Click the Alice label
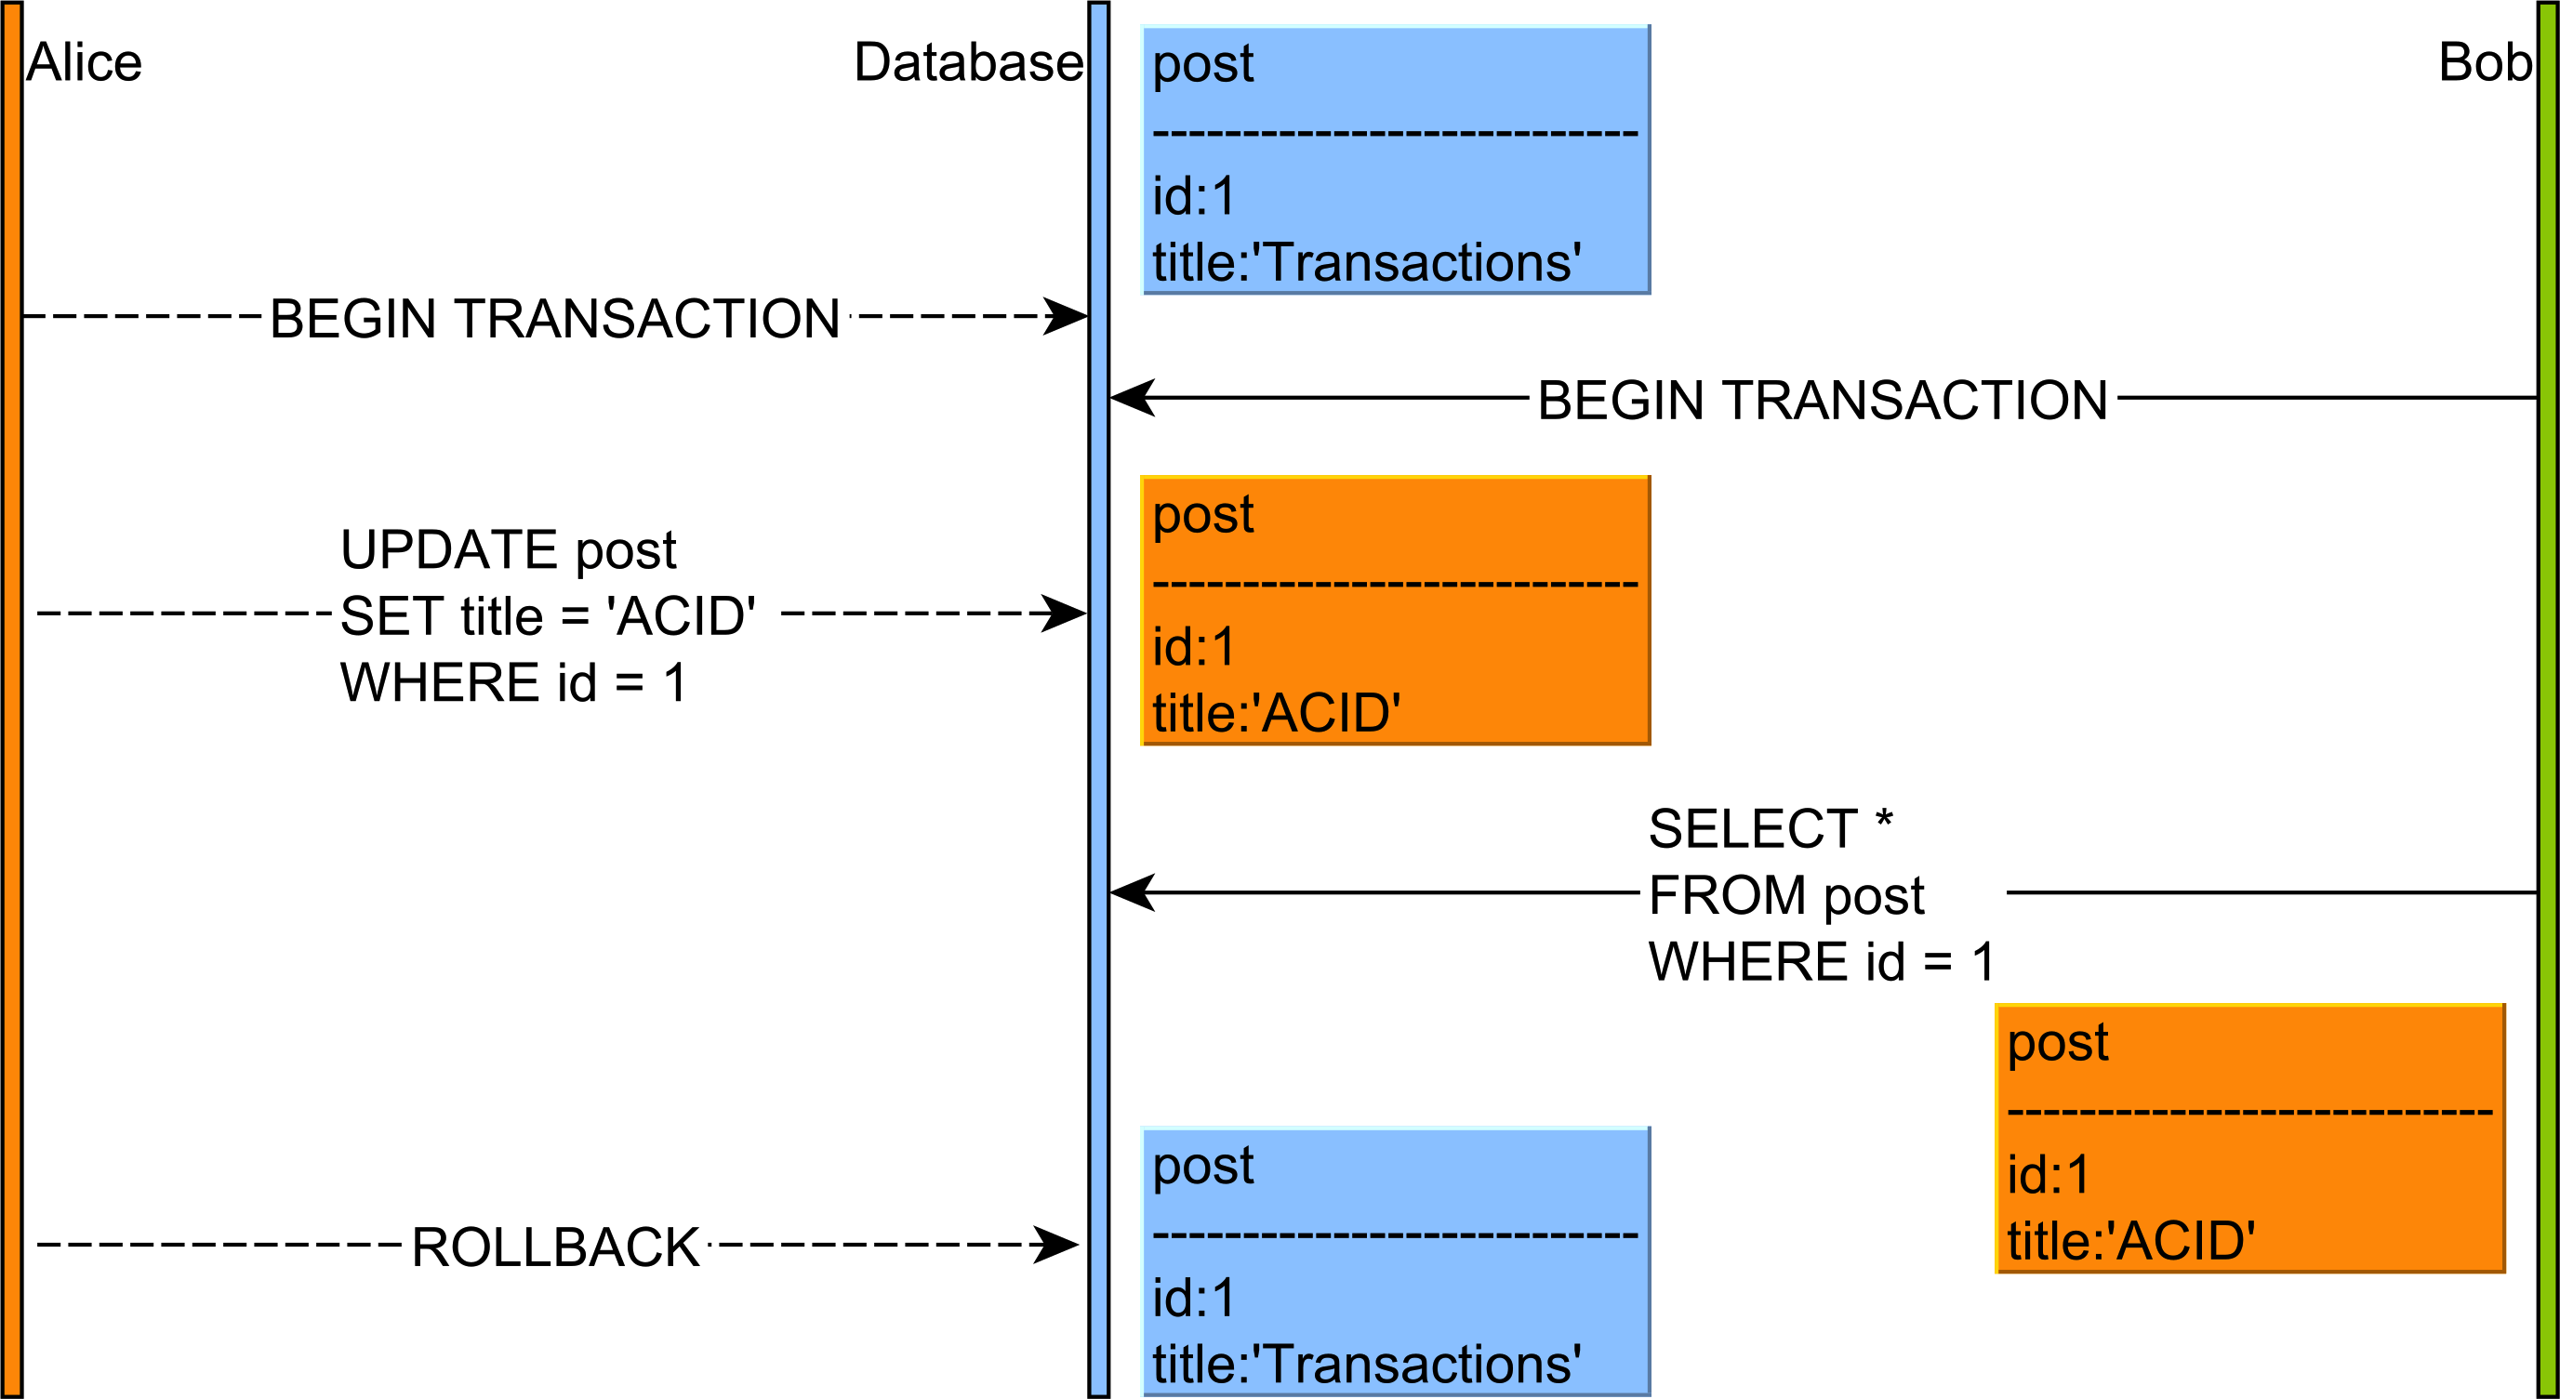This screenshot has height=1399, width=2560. tap(84, 62)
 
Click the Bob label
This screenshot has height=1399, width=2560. tap(2484, 62)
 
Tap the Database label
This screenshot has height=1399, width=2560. tap(968, 62)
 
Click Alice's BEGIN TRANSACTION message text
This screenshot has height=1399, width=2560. tap(554, 319)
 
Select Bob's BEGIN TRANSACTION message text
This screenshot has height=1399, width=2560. tap(1823, 401)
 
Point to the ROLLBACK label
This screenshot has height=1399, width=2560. tap(554, 1247)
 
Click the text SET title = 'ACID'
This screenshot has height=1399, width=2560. tap(548, 616)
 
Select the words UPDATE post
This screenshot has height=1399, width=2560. tap(508, 549)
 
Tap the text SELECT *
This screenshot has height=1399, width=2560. tap(1770, 828)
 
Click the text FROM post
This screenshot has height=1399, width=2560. tap(1785, 895)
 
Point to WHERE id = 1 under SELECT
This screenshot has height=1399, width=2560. tap(1821, 962)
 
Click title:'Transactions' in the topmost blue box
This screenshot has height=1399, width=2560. tap(1366, 263)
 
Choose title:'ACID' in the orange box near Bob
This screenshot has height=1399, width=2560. tap(2130, 1241)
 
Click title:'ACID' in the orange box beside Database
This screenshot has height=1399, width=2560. tap(1276, 713)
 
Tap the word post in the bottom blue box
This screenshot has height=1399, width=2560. tap(1202, 1165)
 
